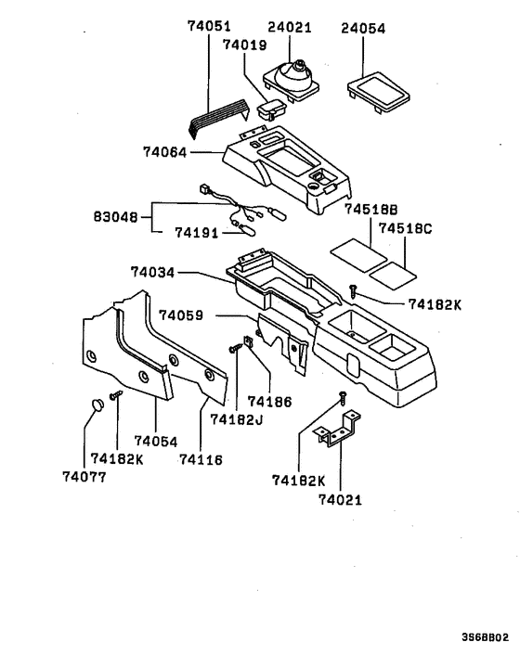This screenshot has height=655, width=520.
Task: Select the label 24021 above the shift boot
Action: pos(291,28)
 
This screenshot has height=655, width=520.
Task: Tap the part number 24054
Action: pos(362,28)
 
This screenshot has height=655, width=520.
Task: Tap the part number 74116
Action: pos(201,458)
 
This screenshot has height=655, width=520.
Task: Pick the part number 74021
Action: pos(341,500)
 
